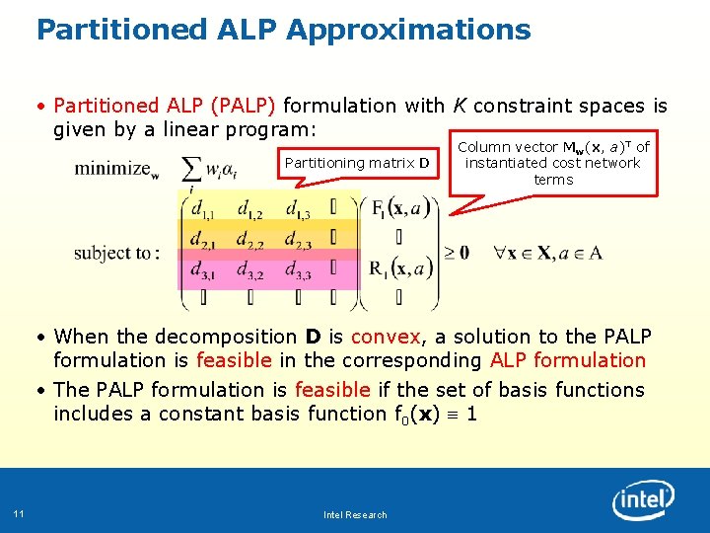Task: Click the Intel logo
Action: (643, 500)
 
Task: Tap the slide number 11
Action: (19, 512)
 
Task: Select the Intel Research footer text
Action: (355, 514)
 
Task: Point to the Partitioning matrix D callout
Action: (356, 163)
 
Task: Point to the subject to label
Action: (116, 253)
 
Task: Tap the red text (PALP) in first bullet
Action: (247, 106)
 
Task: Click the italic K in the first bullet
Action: (460, 106)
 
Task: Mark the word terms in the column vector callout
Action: (553, 180)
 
